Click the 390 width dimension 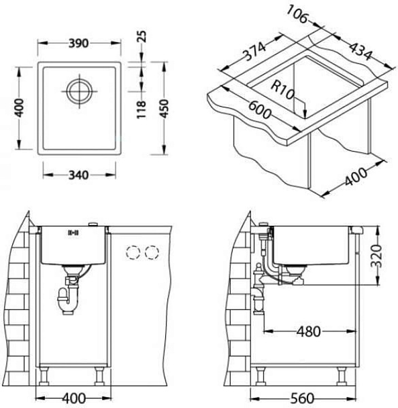click(x=79, y=44)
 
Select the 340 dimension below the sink click(x=79, y=175)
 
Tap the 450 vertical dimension click(x=164, y=109)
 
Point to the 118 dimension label click(x=141, y=109)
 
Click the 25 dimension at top click(x=142, y=36)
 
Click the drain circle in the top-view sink click(x=80, y=91)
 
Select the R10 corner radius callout click(x=283, y=90)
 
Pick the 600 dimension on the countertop click(x=259, y=109)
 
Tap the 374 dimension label click(x=254, y=52)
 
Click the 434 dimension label click(x=361, y=51)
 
